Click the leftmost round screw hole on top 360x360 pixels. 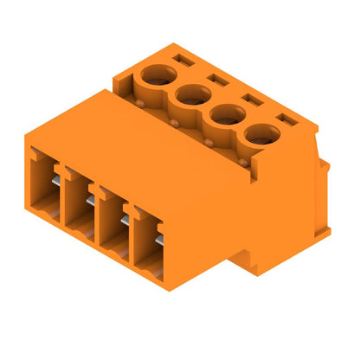(x=158, y=75)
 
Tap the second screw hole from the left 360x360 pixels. (x=192, y=93)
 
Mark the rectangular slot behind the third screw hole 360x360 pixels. (x=252, y=99)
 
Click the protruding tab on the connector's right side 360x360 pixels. (x=325, y=199)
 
